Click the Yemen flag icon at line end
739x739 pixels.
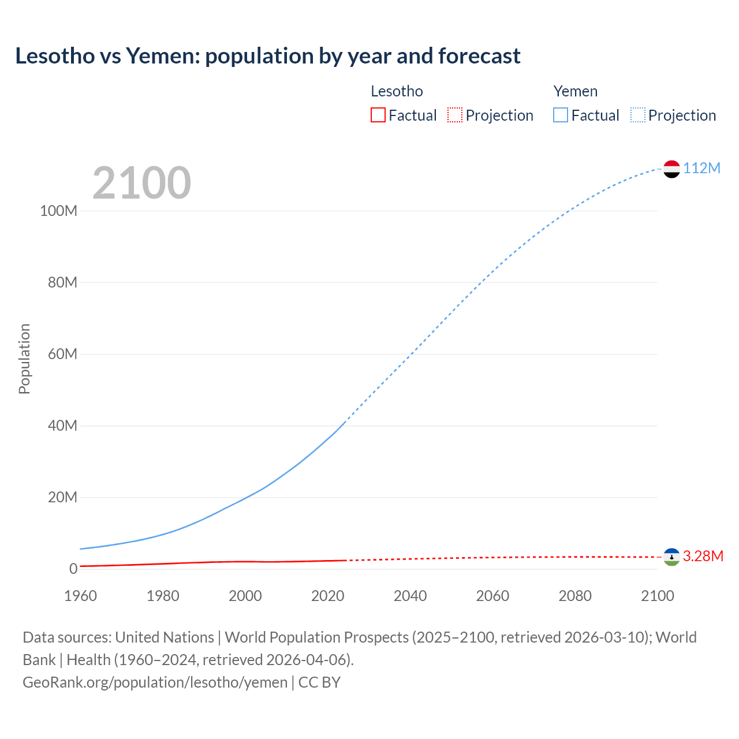671,169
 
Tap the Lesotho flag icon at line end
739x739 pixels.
671,557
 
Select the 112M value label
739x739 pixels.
702,168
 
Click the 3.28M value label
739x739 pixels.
703,556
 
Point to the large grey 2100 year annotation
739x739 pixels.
141,183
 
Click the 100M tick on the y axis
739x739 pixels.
58,211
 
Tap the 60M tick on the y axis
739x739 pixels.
62,354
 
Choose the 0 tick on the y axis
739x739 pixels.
73,569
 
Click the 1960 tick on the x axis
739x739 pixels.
80,596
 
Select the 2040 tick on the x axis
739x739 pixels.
410,596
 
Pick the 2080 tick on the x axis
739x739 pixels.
575,596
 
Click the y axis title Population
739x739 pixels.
24,359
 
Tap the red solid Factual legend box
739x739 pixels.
378,115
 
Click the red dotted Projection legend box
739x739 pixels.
455,115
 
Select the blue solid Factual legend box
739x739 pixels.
561,115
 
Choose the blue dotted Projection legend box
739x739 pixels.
637,115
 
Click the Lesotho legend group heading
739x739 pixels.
397,91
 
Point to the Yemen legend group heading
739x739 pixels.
575,91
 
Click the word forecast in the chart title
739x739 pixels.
479,56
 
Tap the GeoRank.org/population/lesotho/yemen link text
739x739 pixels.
155,682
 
